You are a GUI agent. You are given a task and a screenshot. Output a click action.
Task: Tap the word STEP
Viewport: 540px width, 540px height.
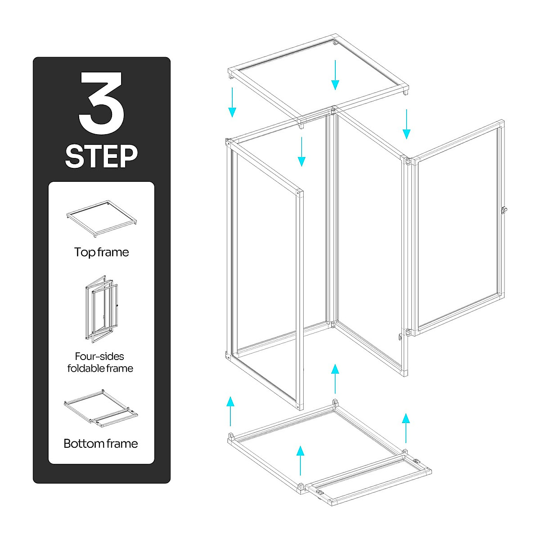[x=102, y=156]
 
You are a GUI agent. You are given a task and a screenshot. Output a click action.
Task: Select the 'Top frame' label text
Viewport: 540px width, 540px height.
[x=102, y=252]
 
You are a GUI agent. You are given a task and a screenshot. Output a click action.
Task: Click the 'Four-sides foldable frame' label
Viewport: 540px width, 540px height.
[x=100, y=362]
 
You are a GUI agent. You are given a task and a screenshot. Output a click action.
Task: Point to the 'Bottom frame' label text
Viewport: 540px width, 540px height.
[x=101, y=443]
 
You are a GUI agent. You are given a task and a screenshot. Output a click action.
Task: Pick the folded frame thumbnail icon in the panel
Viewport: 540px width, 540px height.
[x=101, y=307]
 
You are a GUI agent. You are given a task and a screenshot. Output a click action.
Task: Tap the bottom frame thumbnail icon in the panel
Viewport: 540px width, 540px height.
[x=101, y=408]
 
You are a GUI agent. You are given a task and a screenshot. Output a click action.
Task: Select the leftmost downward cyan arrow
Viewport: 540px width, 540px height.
[x=232, y=102]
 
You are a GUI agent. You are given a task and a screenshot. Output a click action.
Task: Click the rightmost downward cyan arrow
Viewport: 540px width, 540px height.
[x=406, y=124]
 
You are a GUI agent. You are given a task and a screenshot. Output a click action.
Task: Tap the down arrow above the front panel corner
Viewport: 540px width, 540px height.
[x=301, y=152]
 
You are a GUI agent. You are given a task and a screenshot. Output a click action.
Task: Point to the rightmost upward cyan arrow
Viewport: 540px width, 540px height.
[x=406, y=428]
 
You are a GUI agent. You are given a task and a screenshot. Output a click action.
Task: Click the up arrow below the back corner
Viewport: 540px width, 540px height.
[x=335, y=379]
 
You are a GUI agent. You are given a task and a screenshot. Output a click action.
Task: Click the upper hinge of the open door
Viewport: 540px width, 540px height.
[x=408, y=161]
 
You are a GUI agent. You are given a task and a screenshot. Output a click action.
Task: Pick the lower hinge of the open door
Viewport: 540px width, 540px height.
[x=408, y=333]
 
